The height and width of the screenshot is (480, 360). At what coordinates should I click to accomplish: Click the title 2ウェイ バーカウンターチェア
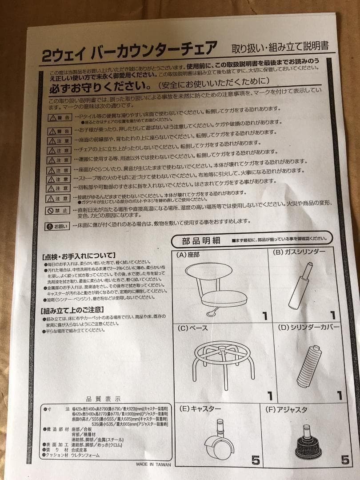tap(129, 52)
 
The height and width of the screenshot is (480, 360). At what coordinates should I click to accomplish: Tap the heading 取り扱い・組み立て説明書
tap(280, 46)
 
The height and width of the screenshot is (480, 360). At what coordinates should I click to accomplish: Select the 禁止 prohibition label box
tap(58, 211)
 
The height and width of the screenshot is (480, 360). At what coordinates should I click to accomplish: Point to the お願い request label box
tap(58, 226)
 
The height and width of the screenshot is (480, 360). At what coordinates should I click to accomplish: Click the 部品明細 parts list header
tap(201, 241)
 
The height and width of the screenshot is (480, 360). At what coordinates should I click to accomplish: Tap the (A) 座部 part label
tap(188, 255)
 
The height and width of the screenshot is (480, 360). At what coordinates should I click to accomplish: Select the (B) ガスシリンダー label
tap(299, 252)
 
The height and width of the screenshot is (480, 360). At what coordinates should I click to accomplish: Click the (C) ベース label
tap(192, 328)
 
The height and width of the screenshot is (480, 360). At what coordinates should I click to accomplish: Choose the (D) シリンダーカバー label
tap(308, 328)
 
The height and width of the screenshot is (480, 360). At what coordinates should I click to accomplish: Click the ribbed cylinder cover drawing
tap(309, 367)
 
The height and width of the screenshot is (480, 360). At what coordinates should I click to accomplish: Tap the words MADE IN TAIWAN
tap(153, 464)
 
